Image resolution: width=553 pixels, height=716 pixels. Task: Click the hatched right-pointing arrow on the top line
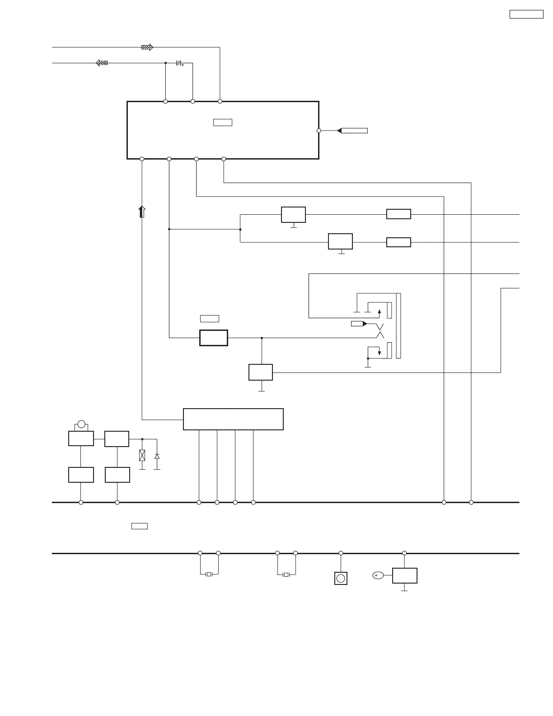[x=147, y=47]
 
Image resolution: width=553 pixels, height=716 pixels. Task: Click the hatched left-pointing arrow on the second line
[x=102, y=63]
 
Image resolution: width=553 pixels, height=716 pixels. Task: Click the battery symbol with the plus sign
[x=179, y=63]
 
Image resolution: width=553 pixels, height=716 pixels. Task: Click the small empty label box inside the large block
[x=222, y=122]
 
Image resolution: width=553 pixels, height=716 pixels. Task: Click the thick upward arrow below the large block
[x=142, y=212]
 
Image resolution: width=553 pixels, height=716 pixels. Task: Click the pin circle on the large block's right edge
[x=319, y=131]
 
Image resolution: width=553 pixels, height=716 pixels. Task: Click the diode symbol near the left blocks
[x=157, y=457]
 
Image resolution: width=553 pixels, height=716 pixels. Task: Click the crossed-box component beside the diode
[x=142, y=455]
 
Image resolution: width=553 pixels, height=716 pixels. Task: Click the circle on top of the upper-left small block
[x=81, y=424]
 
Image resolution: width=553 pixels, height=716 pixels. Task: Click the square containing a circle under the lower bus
[x=341, y=578]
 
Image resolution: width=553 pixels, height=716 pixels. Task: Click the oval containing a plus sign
[x=378, y=575]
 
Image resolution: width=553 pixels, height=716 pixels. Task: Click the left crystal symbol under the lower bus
[x=209, y=575]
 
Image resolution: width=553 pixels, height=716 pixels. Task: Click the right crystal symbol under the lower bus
[x=286, y=575]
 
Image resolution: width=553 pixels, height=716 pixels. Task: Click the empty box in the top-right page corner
[x=526, y=14]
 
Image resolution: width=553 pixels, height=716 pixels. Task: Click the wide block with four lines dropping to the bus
[x=233, y=419]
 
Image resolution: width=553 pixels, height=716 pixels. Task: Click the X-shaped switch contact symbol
[x=380, y=331]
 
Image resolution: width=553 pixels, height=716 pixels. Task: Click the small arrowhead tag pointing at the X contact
[x=359, y=324]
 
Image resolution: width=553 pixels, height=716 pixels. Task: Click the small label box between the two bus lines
[x=140, y=526]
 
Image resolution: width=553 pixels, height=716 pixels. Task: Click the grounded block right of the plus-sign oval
[x=404, y=575]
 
